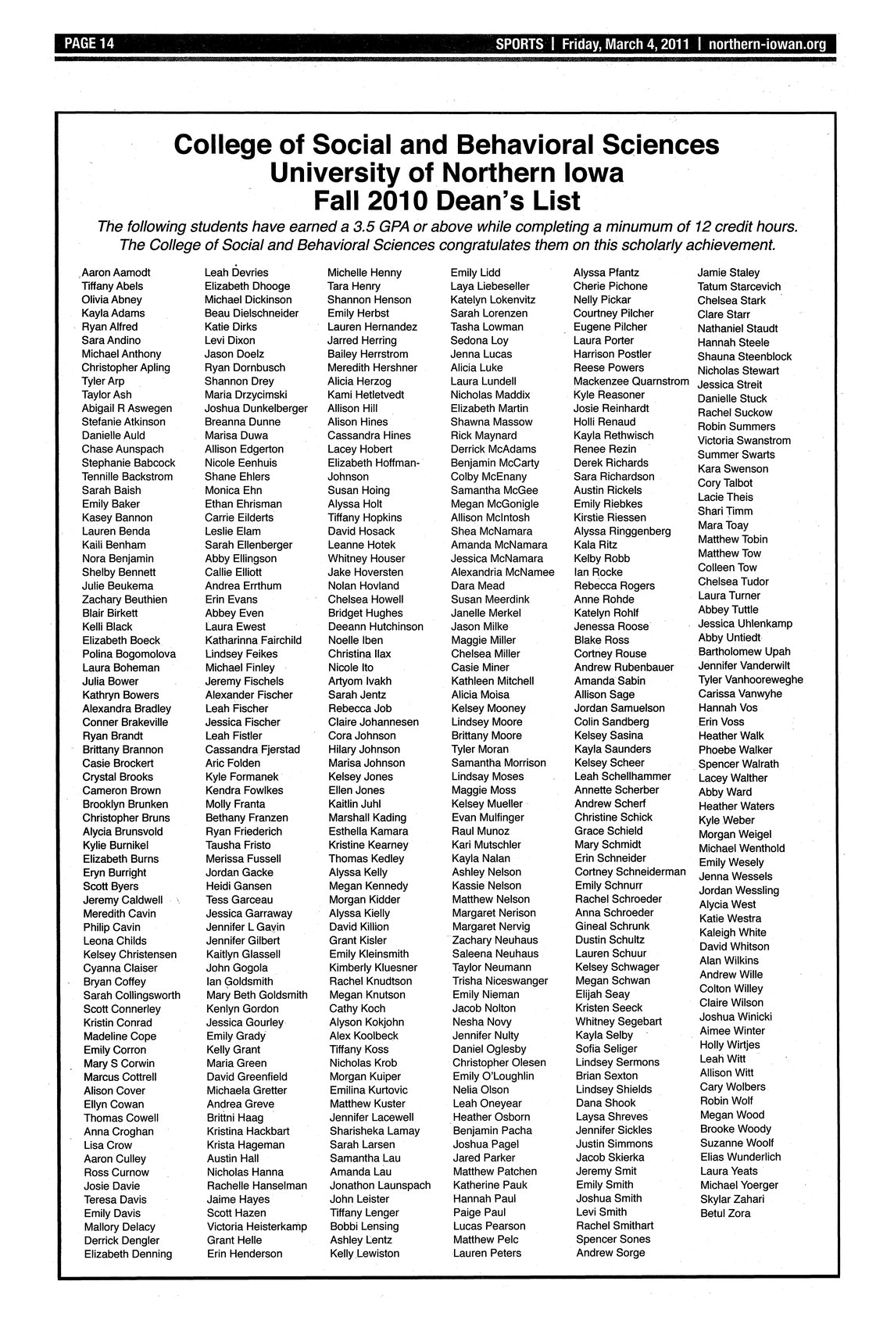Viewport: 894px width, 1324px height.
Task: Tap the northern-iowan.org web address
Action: (767, 45)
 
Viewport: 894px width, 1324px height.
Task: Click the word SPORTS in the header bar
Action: (519, 45)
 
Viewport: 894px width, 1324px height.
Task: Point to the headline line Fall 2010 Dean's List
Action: (446, 200)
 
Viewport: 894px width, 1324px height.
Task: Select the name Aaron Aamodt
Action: (116, 273)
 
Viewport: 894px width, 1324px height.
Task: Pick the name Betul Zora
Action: (725, 1213)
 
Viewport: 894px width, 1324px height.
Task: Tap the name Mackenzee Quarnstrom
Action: (631, 381)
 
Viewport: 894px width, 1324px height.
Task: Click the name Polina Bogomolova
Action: (129, 653)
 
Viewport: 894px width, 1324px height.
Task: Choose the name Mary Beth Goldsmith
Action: (257, 995)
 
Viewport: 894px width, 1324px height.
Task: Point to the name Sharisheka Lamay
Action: (374, 1131)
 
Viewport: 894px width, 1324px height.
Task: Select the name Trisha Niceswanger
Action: (500, 981)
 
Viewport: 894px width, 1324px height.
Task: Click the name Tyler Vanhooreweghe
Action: (750, 679)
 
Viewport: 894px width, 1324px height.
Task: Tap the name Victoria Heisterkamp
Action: (256, 1226)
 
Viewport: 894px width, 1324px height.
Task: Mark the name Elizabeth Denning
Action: (127, 1254)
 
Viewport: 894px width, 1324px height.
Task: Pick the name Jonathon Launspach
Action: (380, 1186)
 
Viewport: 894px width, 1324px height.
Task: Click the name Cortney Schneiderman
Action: (630, 871)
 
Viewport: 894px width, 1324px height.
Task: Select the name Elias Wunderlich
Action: (740, 1157)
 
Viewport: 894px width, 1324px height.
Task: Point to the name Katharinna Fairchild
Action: (253, 640)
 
